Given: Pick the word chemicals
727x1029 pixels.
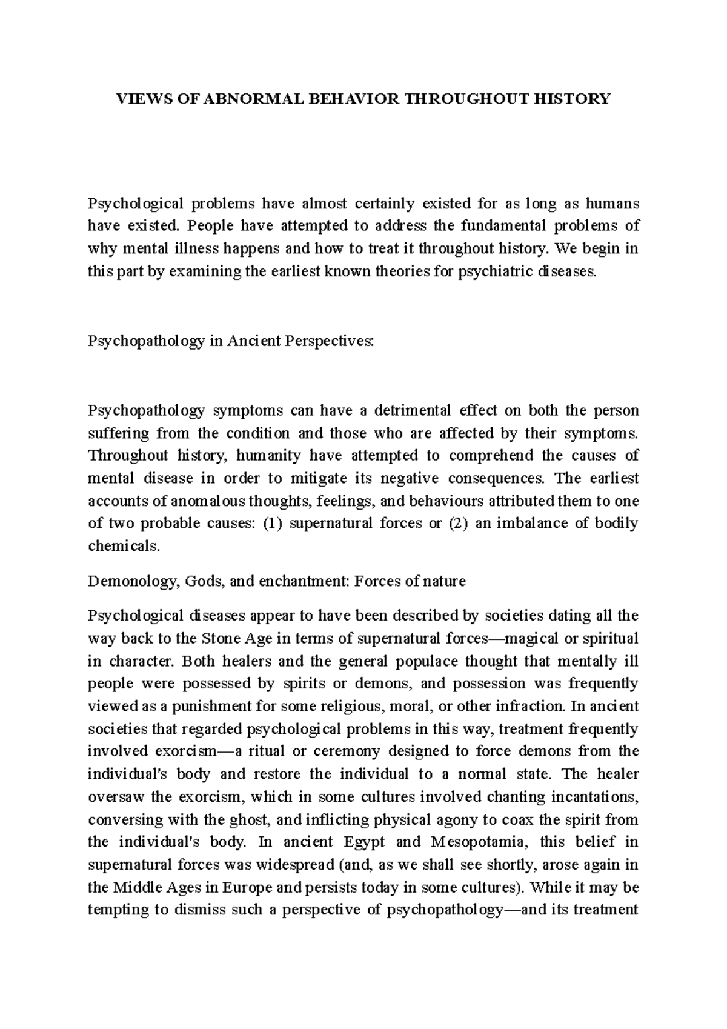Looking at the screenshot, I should coord(124,547).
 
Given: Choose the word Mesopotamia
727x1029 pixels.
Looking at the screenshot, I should coord(480,842).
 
